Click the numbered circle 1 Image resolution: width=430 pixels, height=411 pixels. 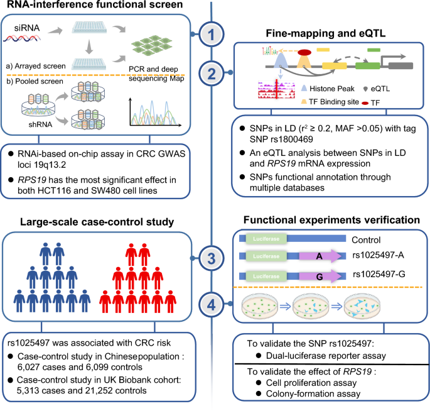(214, 34)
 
